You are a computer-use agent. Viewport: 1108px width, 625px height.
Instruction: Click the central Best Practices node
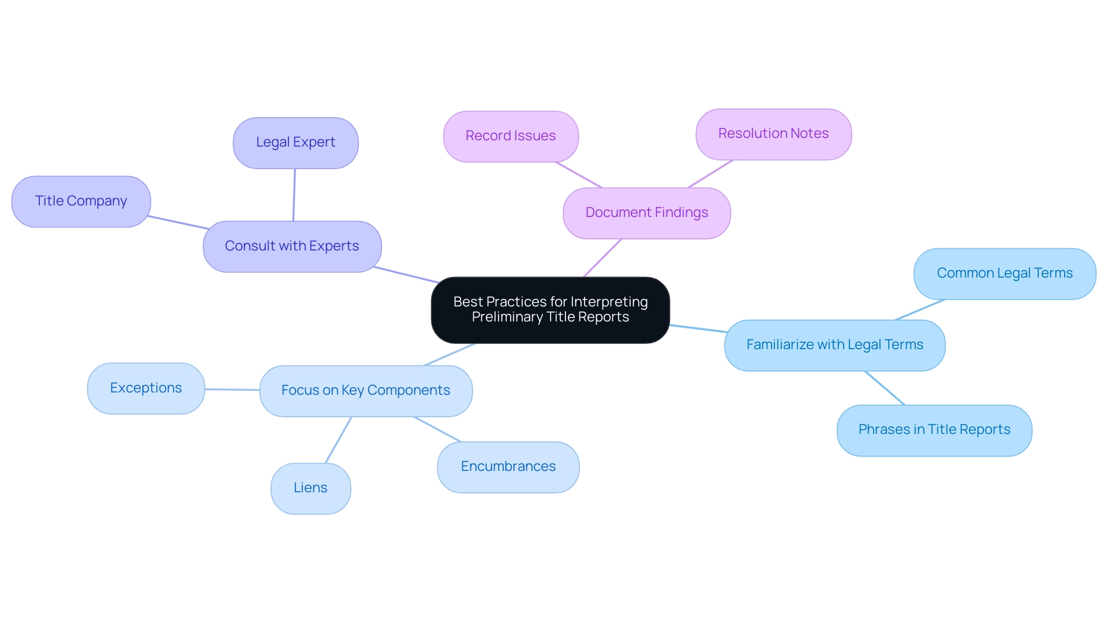click(x=550, y=310)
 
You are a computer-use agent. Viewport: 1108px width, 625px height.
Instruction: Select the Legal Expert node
click(x=295, y=143)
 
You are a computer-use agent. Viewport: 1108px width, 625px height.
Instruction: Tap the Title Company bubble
click(x=81, y=201)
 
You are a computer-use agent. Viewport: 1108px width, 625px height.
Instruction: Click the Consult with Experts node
click(x=292, y=246)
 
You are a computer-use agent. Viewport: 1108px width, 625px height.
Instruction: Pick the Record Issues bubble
click(x=511, y=136)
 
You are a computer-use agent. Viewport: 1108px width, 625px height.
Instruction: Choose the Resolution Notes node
click(x=773, y=134)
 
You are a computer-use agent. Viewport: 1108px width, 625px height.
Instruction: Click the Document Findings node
click(x=646, y=213)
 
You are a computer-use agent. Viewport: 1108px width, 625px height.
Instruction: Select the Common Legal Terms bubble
click(x=1004, y=274)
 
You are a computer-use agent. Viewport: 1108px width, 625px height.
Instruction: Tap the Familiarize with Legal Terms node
click(x=834, y=345)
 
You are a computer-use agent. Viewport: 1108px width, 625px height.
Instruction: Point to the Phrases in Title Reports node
click(x=934, y=430)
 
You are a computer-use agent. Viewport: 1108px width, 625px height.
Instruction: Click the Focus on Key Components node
click(x=366, y=391)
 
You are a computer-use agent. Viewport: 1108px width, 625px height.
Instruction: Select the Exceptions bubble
click(x=146, y=388)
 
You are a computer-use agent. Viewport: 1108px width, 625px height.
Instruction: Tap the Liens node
click(x=310, y=488)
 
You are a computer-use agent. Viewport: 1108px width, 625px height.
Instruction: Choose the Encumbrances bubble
click(x=508, y=467)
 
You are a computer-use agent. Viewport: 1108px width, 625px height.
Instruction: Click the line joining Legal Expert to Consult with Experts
click(x=294, y=195)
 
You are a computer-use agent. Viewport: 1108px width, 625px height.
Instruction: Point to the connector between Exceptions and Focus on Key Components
click(x=232, y=390)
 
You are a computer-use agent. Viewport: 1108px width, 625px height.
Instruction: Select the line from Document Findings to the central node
click(x=602, y=259)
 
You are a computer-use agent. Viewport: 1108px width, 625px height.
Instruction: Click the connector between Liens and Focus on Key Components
click(x=338, y=440)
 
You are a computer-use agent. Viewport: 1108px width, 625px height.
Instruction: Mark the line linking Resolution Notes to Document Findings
click(x=710, y=174)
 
